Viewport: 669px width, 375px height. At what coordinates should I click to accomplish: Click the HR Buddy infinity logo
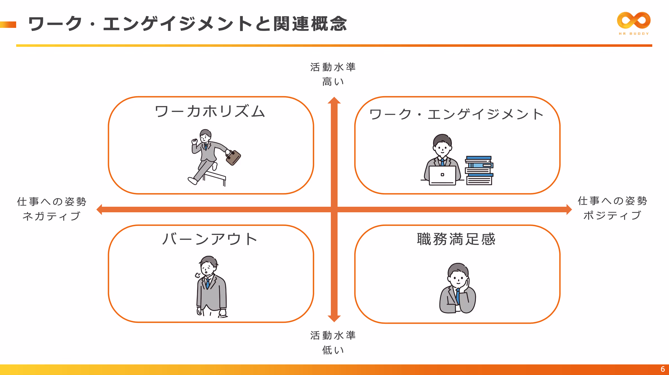pos(634,20)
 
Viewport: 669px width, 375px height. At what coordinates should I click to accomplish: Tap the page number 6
pos(663,369)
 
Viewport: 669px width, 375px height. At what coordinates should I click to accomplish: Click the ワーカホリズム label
pos(210,111)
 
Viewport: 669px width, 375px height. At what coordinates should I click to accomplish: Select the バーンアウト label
pos(210,239)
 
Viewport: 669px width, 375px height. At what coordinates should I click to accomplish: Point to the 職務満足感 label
pos(456,239)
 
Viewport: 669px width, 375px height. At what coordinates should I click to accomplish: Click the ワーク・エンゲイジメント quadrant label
pos(456,114)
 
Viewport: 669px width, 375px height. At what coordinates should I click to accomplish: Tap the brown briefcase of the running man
pos(233,157)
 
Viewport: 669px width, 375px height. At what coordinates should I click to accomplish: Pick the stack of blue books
pos(479,171)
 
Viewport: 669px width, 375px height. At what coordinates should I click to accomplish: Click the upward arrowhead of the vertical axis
pos(334,100)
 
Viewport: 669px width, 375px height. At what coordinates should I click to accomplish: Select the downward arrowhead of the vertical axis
pos(334,319)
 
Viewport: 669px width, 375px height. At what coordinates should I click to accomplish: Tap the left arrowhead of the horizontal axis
pos(100,210)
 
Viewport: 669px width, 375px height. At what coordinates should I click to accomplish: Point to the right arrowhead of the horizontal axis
pos(569,210)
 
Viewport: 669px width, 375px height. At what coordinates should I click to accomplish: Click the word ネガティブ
pos(52,216)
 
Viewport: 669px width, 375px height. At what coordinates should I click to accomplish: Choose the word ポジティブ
pos(612,215)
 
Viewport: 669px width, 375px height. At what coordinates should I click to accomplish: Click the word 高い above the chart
pos(333,82)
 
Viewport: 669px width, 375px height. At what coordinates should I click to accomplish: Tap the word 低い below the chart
pos(333,350)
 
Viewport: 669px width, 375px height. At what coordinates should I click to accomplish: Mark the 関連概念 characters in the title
pos(310,24)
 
